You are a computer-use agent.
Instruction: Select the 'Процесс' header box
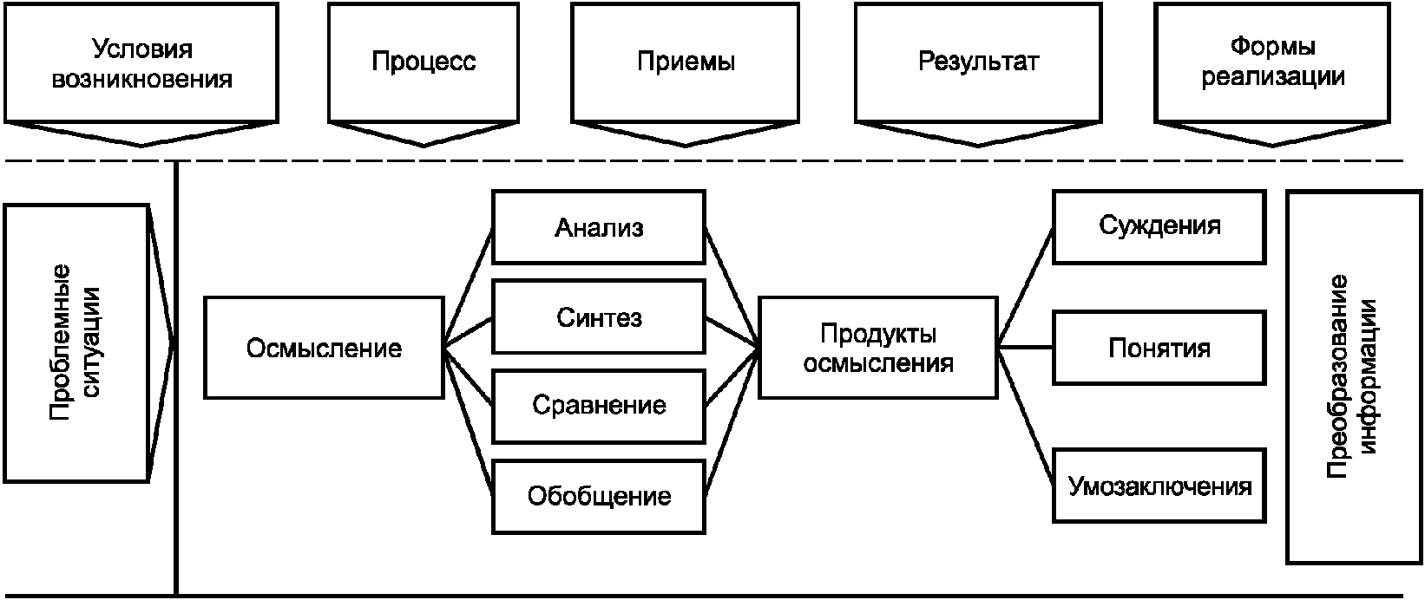pyautogui.click(x=424, y=62)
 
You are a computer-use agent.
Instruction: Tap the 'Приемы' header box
pyautogui.click(x=686, y=62)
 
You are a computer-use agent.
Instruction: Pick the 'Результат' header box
pyautogui.click(x=978, y=62)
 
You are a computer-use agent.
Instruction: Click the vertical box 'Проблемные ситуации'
pyautogui.click(x=76, y=343)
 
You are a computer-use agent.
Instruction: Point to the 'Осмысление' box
pyautogui.click(x=324, y=348)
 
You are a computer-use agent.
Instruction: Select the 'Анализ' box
pyautogui.click(x=599, y=227)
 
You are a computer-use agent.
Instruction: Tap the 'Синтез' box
pyautogui.click(x=599, y=317)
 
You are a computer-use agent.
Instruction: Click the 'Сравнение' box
pyautogui.click(x=599, y=405)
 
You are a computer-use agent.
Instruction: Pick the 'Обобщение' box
pyautogui.click(x=599, y=496)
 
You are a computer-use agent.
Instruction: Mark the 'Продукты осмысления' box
pyautogui.click(x=877, y=348)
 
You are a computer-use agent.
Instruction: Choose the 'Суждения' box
pyautogui.click(x=1159, y=226)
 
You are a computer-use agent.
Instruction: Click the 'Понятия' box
pyautogui.click(x=1159, y=348)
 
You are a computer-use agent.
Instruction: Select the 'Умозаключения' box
pyautogui.click(x=1159, y=486)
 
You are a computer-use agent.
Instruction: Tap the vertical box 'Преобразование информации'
pyautogui.click(x=1354, y=377)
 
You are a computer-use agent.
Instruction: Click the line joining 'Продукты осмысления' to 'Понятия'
pyautogui.click(x=1025, y=348)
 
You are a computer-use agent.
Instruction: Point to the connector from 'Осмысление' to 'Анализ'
pyautogui.click(x=469, y=288)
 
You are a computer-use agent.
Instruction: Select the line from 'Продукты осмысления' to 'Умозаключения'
pyautogui.click(x=1026, y=414)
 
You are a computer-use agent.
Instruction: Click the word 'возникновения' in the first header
pyautogui.click(x=141, y=80)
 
